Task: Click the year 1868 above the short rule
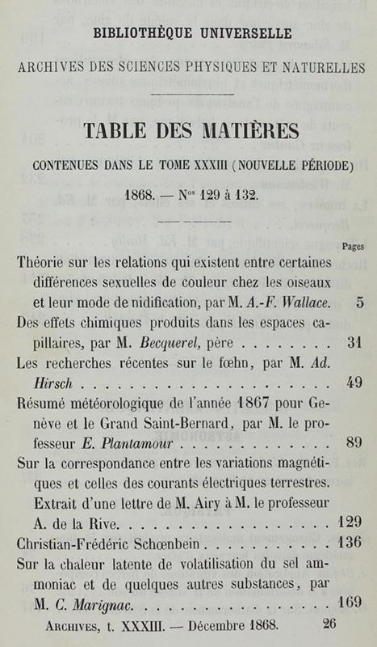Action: (x=142, y=197)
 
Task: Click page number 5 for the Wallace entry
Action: (x=358, y=304)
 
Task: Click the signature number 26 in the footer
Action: (x=329, y=625)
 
